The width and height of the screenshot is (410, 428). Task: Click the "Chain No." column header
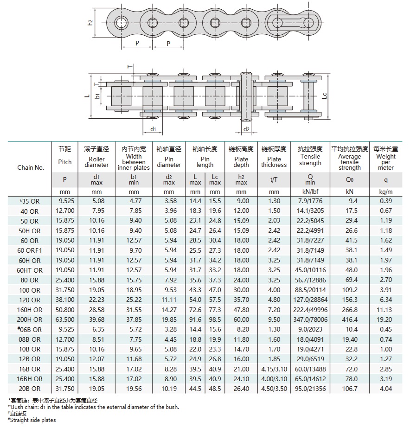31,167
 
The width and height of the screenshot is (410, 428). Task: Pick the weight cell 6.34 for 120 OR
386,300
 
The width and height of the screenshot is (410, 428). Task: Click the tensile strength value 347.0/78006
310,319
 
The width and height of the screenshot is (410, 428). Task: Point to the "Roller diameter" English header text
96,162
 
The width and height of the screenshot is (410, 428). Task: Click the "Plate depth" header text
241,162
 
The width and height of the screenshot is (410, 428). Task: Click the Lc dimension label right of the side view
325,96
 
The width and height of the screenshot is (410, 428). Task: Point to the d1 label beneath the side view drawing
153,129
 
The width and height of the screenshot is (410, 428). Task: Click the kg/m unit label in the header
386,191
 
